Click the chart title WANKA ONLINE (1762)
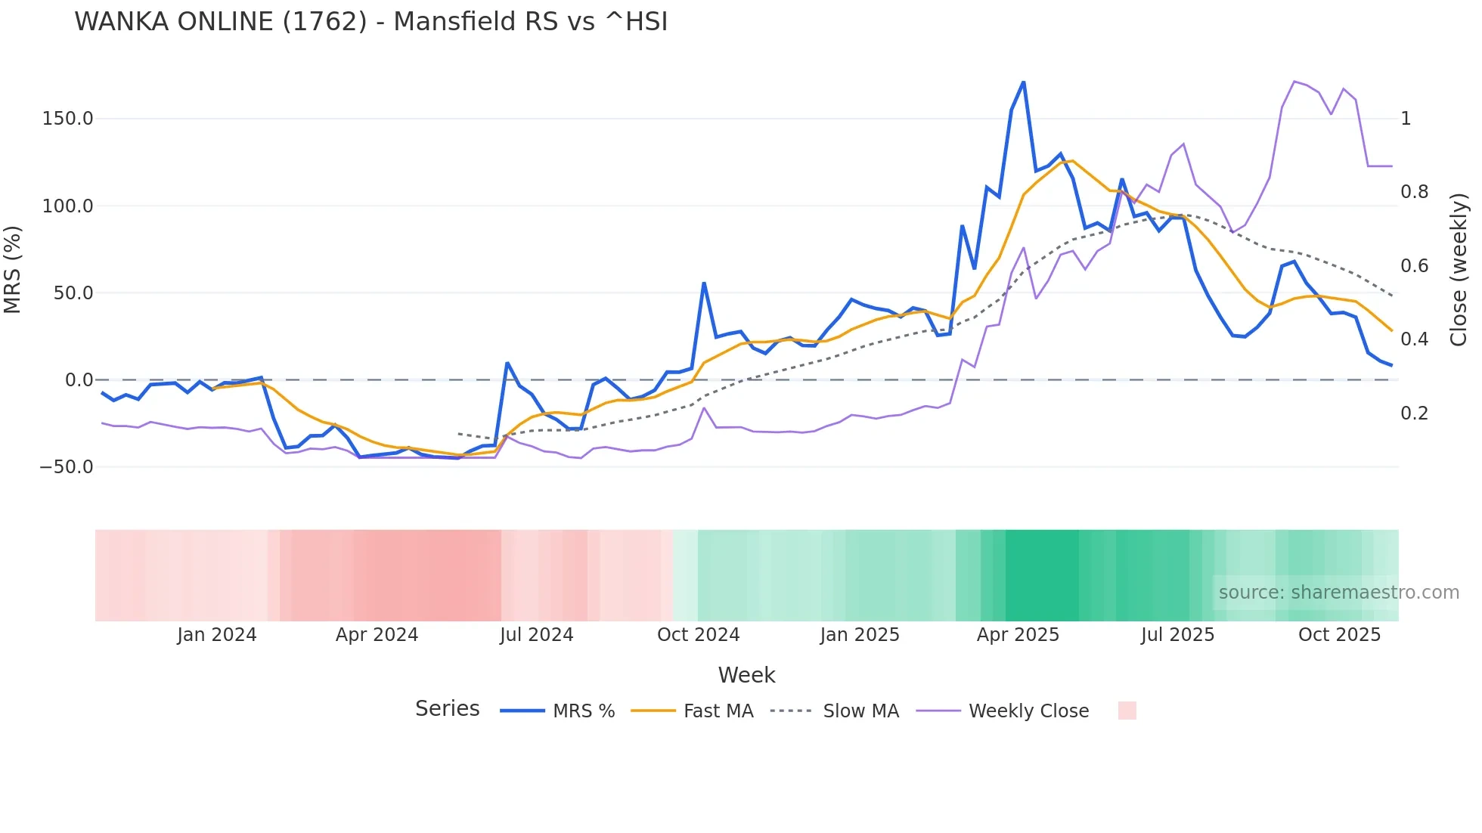click(370, 22)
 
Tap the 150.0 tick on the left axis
click(67, 119)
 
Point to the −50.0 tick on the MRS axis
click(66, 467)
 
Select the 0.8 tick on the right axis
click(1414, 192)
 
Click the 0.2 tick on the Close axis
click(1414, 413)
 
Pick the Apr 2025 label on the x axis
click(1018, 635)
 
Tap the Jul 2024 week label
click(536, 635)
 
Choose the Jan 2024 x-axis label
click(217, 635)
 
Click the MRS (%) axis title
click(12, 270)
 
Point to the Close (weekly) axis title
click(1459, 270)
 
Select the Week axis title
click(746, 675)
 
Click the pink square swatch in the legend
click(1127, 711)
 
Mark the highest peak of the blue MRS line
click(1023, 82)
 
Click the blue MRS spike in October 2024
click(704, 283)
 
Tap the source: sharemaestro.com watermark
click(1338, 593)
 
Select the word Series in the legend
click(447, 709)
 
